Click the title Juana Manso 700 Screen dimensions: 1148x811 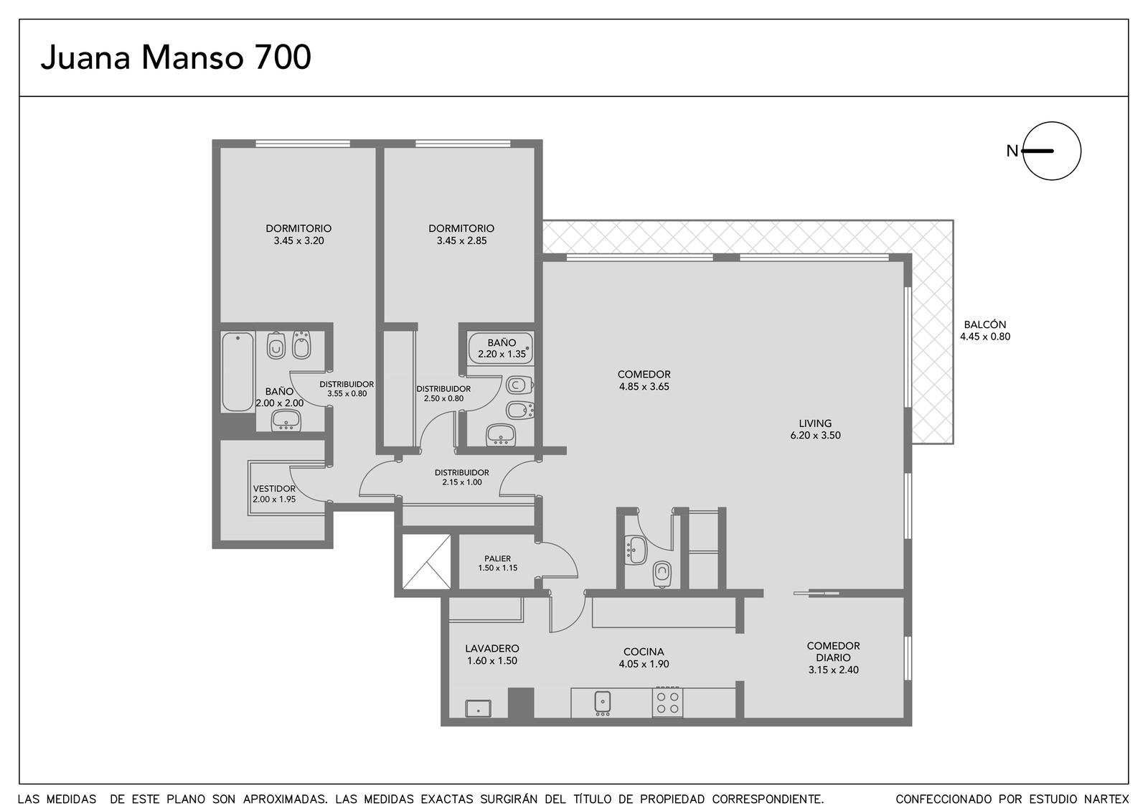point(176,57)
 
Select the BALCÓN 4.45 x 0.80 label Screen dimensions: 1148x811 point(985,331)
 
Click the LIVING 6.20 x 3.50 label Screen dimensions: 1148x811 point(815,430)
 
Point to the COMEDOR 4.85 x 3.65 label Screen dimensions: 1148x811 point(644,380)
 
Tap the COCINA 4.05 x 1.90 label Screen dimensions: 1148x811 point(644,657)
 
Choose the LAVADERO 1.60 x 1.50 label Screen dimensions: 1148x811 point(492,655)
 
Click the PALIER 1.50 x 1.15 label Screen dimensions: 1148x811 point(498,563)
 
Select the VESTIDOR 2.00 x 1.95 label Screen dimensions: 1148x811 point(274,494)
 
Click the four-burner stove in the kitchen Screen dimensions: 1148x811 point(668,703)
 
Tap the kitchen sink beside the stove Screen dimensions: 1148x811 point(603,703)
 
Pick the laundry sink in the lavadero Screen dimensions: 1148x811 point(478,708)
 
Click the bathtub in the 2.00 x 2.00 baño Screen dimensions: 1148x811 point(237,372)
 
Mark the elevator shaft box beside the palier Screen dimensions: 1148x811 point(426,562)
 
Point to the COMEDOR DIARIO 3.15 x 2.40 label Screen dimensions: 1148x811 point(833,657)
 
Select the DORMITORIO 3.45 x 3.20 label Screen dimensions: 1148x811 point(298,234)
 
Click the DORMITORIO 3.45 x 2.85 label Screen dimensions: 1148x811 point(461,234)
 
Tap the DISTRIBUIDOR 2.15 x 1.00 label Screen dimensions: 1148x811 point(462,477)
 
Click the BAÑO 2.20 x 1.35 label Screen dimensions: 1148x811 point(502,348)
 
